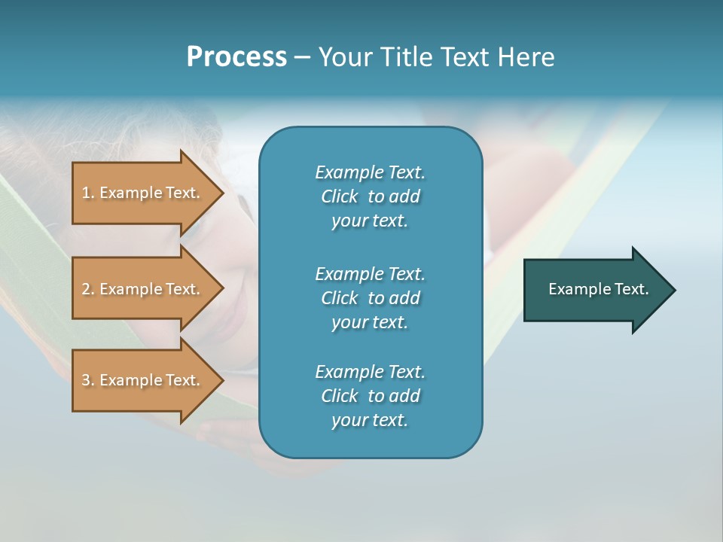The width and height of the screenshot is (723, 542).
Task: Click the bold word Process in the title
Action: tap(236, 57)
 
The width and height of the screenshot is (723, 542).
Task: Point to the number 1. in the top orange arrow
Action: tap(88, 193)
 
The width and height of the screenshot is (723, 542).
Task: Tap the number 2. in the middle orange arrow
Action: tap(88, 289)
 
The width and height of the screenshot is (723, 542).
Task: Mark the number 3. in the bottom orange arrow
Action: tap(88, 380)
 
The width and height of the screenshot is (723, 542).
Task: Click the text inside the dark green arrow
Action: tap(599, 289)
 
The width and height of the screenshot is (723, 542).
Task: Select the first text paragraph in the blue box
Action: tap(370, 196)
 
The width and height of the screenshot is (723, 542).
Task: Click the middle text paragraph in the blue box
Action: tap(370, 298)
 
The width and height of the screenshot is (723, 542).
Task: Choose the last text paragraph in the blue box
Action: tap(370, 396)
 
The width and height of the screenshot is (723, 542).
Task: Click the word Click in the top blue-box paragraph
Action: tap(340, 196)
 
